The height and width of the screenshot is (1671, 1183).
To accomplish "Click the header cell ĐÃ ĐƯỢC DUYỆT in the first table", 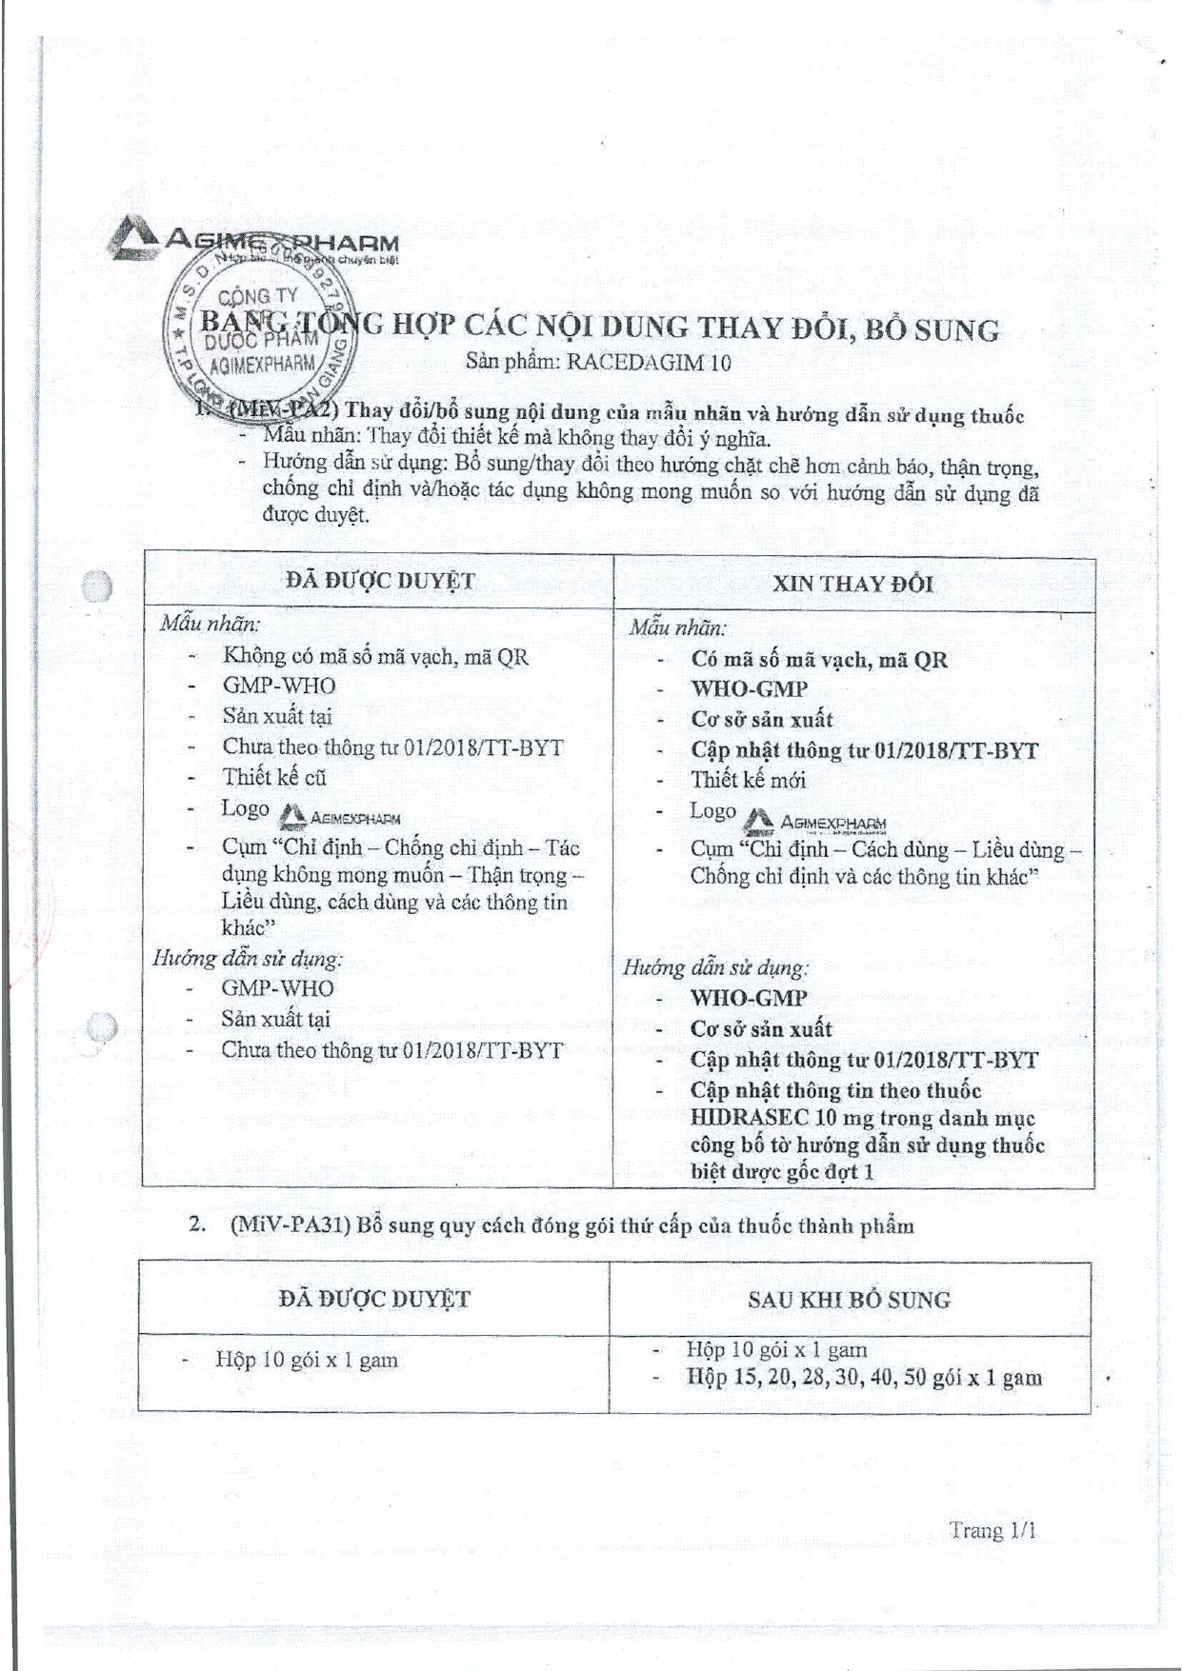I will (379, 581).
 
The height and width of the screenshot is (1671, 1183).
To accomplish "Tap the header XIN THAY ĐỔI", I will (852, 584).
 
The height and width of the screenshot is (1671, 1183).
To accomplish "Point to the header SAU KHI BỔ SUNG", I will (849, 1300).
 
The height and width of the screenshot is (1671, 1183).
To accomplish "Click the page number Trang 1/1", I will (992, 1530).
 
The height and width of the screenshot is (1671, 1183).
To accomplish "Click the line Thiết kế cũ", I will (274, 777).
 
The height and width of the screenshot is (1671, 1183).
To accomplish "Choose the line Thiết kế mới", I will (748, 781).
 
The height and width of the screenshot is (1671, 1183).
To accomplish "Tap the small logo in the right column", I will (814, 821).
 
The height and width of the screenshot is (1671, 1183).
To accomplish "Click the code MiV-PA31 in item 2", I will (290, 1225).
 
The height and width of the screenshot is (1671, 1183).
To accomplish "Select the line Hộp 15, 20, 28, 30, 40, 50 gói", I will (863, 1378).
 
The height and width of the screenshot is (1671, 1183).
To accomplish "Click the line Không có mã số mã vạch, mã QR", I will (375, 656).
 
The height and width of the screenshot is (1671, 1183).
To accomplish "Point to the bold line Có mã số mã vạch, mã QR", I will (819, 660).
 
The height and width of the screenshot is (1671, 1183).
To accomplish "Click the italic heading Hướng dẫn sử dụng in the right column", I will (715, 968).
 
